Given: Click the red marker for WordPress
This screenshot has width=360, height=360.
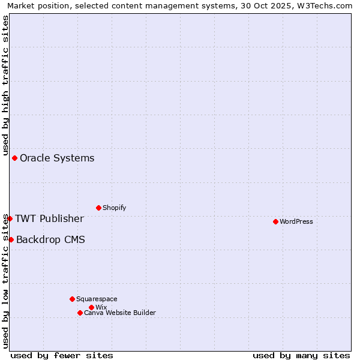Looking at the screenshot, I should click(x=275, y=221).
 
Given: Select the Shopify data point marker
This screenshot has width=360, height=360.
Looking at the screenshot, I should click(x=98, y=208).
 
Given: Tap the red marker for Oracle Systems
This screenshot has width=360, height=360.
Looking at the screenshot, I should click(x=14, y=158).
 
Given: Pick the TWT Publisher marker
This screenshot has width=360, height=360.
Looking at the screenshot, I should click(x=10, y=218).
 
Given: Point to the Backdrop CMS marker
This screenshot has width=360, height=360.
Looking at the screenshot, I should click(x=11, y=239).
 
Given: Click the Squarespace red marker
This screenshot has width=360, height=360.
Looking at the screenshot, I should click(x=72, y=299).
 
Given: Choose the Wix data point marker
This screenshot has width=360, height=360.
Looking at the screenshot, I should click(x=91, y=307).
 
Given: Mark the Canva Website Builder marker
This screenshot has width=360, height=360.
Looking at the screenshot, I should click(x=80, y=313).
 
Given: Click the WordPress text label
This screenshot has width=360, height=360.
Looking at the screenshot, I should click(x=296, y=221).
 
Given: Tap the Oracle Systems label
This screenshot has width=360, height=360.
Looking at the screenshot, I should click(x=57, y=158).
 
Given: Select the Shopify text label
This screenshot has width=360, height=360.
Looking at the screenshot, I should click(x=114, y=208).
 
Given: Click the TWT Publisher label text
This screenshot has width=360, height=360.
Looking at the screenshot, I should click(x=49, y=218).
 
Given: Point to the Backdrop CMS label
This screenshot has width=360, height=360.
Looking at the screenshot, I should click(x=50, y=240).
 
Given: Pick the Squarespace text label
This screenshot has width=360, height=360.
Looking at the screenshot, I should click(x=97, y=299).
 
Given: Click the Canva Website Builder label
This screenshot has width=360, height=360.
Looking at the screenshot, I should click(x=120, y=313).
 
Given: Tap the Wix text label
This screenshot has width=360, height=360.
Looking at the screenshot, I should click(x=101, y=307).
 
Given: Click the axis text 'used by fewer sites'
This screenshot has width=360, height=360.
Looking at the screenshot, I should click(x=62, y=355).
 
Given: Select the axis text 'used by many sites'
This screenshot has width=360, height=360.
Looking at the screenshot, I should click(x=301, y=355).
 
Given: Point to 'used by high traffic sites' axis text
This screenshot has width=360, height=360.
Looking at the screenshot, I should click(x=6, y=86).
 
